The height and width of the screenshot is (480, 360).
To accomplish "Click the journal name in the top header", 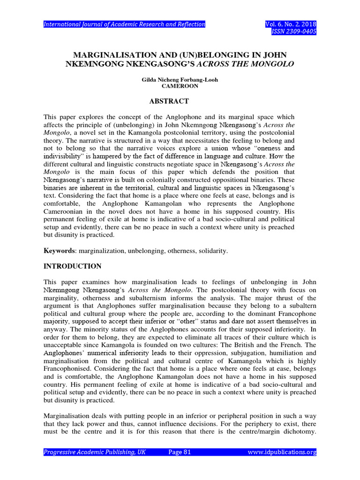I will tap(124, 24).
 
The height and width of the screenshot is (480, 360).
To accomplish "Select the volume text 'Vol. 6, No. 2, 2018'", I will tap(291, 24).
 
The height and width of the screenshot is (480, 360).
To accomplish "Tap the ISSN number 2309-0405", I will tap(298, 32).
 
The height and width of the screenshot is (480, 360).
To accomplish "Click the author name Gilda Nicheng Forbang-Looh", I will tap(180, 80).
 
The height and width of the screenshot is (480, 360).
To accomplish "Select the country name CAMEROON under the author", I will tap(180, 86).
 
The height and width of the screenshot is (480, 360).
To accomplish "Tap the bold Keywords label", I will tap(59, 251).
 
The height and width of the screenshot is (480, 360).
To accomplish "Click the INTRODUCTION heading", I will tap(72, 266).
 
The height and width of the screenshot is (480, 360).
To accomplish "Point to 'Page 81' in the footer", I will tap(180, 452).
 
